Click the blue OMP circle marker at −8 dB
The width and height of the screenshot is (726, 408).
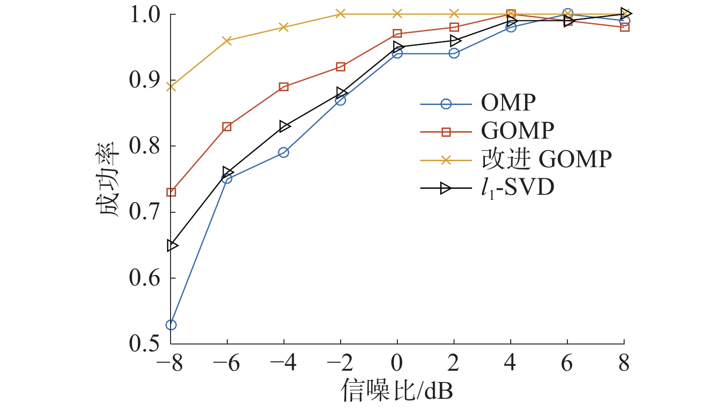pos(171,325)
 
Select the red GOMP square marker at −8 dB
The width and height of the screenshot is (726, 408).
pos(171,192)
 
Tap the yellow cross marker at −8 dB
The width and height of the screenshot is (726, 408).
pos(171,87)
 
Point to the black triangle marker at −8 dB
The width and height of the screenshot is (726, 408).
pos(172,245)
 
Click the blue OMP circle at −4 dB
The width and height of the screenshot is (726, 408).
pos(284,152)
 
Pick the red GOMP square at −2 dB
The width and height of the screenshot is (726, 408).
pos(341,67)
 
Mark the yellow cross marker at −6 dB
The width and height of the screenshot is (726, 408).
pos(227,41)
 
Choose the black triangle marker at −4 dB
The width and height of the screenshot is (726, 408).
pos(285,126)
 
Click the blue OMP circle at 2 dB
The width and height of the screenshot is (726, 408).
pos(454,53)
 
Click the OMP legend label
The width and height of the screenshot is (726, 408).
pos(508,103)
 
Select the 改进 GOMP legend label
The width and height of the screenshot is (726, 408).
pos(547,159)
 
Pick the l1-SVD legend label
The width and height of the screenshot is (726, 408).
pos(517,188)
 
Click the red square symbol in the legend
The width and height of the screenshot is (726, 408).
pos(446,132)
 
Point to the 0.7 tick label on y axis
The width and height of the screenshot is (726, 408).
pos(144,212)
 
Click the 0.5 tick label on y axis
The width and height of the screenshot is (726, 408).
pos(144,344)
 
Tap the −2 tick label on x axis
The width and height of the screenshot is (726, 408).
pos(340,364)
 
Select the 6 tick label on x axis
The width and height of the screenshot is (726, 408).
pos(567,364)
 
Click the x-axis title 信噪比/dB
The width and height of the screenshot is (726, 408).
pos(397,391)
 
